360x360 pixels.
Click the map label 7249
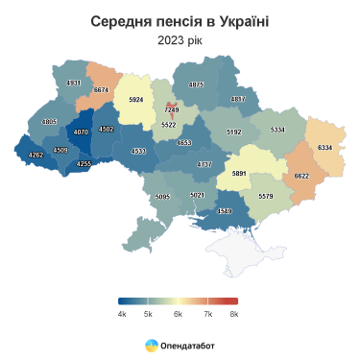(171, 111)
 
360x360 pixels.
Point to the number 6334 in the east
(324, 147)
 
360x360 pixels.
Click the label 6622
(301, 176)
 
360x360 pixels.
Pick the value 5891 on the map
(240, 174)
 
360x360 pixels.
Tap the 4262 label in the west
(36, 156)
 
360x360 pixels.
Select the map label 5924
(135, 100)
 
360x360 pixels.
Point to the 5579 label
(266, 197)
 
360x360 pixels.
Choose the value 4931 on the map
(73, 84)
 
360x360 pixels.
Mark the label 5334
(277, 129)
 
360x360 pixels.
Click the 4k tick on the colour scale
(122, 313)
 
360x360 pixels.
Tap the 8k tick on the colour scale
(234, 313)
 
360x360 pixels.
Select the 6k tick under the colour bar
(178, 313)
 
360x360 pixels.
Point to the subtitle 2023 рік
(180, 40)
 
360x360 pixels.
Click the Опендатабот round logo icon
(152, 343)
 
